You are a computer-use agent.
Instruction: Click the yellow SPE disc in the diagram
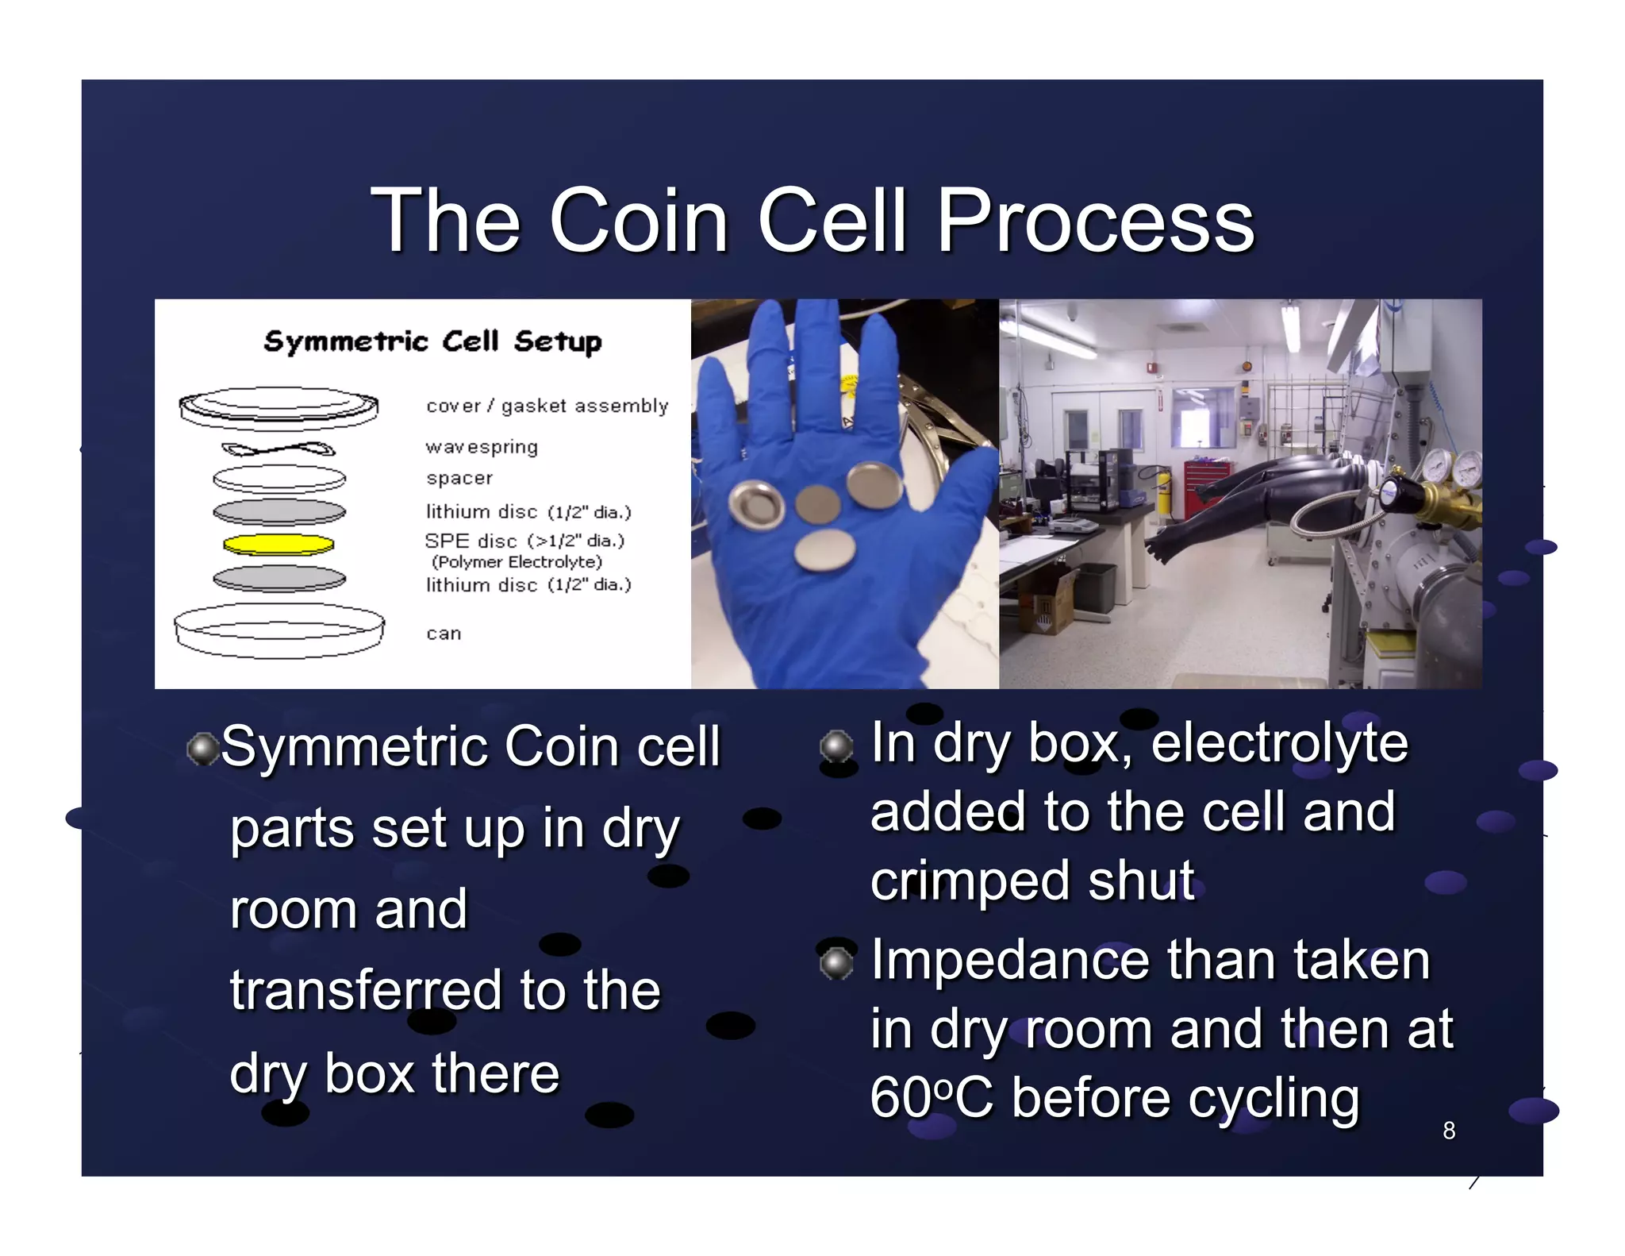[279, 545]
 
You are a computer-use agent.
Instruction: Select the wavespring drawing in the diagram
[278, 449]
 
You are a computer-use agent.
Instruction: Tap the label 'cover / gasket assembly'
[547, 406]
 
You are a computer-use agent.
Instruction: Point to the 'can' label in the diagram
[444, 634]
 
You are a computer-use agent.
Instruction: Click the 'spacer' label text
[459, 478]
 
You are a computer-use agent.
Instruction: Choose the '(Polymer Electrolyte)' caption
[517, 562]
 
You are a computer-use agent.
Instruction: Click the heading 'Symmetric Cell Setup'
[432, 341]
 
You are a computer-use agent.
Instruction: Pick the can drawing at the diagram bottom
[279, 630]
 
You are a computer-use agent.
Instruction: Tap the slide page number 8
[1449, 1131]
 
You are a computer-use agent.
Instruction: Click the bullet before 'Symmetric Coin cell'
[203, 749]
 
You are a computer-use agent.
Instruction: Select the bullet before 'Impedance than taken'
[836, 962]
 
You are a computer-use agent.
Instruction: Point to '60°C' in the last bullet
[931, 1098]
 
